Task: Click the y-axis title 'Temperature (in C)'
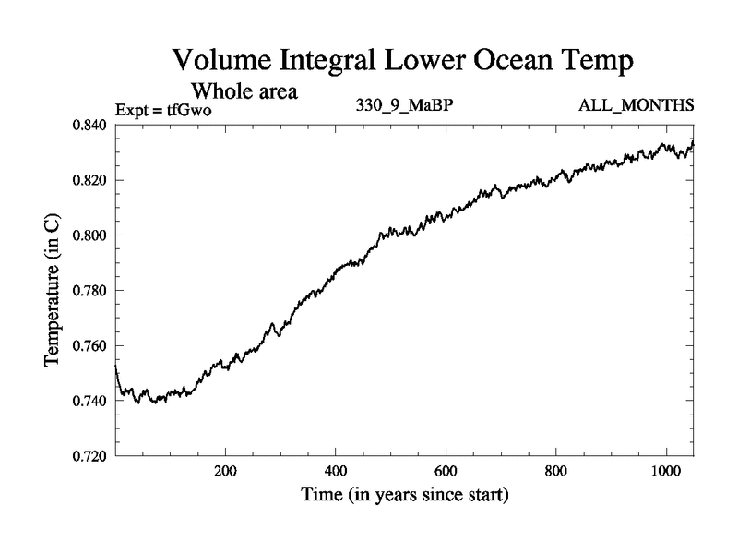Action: click(54, 291)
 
